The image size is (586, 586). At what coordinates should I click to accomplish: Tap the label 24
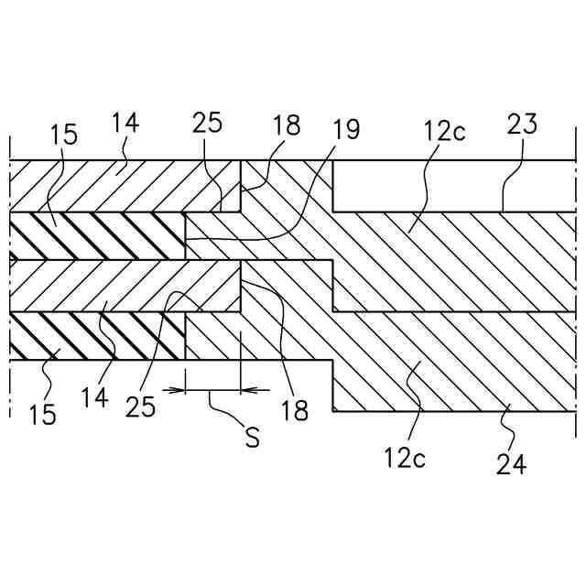512,464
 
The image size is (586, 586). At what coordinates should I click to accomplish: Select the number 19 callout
347,128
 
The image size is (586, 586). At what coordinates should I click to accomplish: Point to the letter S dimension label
252,437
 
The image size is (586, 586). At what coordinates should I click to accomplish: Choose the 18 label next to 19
287,125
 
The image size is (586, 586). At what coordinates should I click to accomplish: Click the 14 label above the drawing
127,123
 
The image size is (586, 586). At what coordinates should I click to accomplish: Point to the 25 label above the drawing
207,123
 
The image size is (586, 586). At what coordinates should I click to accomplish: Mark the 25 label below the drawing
142,407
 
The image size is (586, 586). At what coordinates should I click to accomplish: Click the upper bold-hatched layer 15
96,236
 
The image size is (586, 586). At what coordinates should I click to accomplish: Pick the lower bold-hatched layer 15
96,335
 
